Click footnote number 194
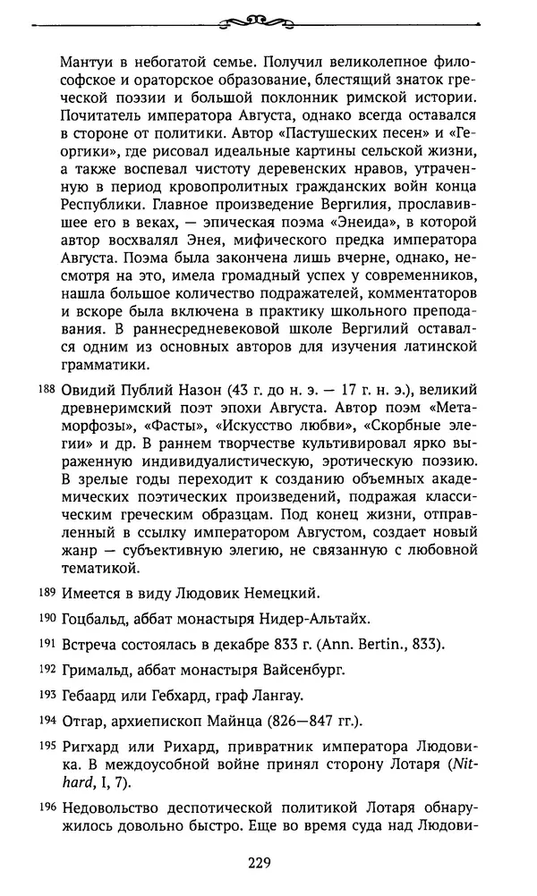(x=47, y=722)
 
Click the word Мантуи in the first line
(x=89, y=62)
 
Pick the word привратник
(x=247, y=748)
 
